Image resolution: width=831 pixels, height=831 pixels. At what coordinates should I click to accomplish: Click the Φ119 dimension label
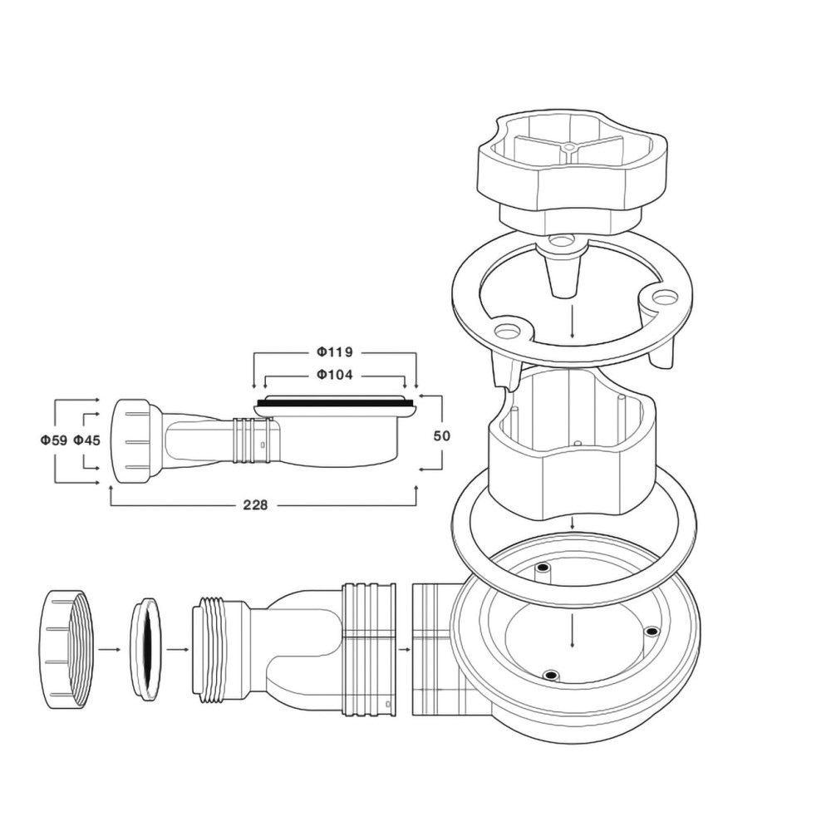pyautogui.click(x=335, y=352)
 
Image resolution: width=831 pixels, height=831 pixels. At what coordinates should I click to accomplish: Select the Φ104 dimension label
pyautogui.click(x=335, y=376)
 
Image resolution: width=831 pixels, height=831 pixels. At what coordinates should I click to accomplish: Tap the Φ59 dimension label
pyautogui.click(x=54, y=440)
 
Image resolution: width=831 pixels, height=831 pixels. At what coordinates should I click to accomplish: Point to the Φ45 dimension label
pyautogui.click(x=86, y=440)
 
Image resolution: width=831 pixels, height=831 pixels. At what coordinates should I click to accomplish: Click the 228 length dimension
pyautogui.click(x=255, y=505)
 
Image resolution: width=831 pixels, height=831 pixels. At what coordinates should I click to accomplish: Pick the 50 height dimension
pyautogui.click(x=441, y=435)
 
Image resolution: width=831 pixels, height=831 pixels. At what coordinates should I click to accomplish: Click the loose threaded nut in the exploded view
pyautogui.click(x=67, y=648)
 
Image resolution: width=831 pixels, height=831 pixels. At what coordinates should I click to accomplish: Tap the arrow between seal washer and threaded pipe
pyautogui.click(x=176, y=649)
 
